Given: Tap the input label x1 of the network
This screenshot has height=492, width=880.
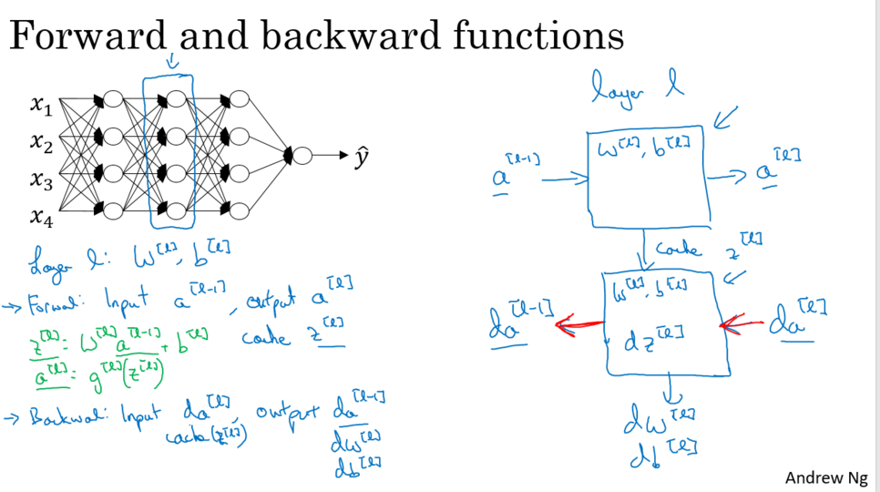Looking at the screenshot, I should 41,107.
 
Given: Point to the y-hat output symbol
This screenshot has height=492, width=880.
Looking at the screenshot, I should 363,157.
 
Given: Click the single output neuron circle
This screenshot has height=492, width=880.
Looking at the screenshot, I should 302,156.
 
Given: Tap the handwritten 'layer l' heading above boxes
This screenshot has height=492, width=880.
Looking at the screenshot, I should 634,89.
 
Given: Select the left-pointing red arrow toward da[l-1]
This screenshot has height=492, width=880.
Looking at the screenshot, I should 578,323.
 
